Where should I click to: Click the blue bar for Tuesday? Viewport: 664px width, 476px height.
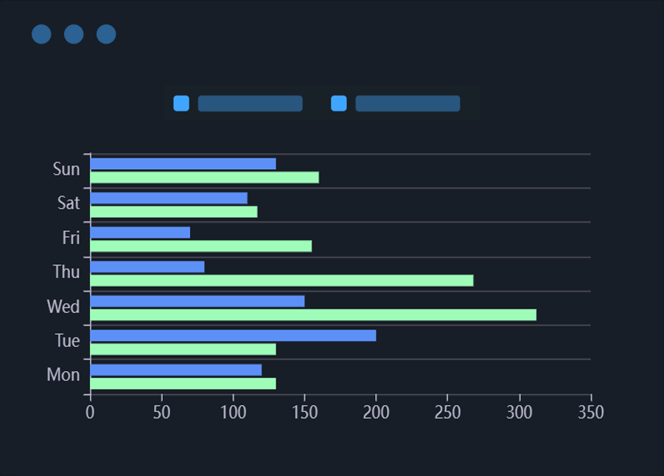tap(233, 336)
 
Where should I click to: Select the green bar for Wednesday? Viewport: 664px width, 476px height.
tap(313, 315)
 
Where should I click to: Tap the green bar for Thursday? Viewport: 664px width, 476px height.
tap(282, 280)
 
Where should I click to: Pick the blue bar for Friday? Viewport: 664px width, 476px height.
tap(140, 232)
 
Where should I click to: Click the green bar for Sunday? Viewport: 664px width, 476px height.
tap(205, 177)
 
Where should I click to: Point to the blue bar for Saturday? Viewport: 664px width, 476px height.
tap(169, 198)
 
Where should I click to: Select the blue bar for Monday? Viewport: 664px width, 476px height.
tap(176, 370)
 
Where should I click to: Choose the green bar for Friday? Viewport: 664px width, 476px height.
tap(201, 246)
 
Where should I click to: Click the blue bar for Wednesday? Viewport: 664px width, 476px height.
tap(198, 301)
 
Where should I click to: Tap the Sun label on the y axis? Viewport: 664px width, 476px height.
tap(66, 169)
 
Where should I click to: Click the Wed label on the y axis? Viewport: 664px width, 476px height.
tap(63, 306)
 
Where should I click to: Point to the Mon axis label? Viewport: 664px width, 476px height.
tap(63, 375)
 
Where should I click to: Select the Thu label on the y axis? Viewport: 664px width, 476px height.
tap(66, 272)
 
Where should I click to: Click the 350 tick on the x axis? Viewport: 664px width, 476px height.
tap(590, 412)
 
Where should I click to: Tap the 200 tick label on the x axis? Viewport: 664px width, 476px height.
tap(376, 412)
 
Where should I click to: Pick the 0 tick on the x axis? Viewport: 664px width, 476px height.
tap(90, 412)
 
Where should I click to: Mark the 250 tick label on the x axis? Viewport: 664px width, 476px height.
tap(447, 412)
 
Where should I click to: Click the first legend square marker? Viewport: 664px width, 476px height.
tap(181, 103)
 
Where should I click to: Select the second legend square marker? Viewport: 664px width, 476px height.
tap(339, 103)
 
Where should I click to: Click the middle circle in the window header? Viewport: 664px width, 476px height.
tap(74, 34)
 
